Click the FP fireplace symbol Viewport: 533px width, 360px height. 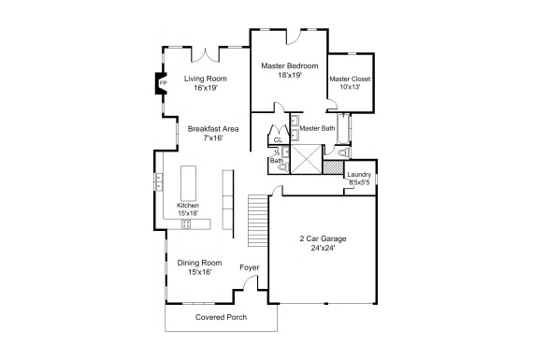[161, 83]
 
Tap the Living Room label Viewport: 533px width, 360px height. [206, 79]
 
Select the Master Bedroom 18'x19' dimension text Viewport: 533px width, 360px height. [290, 75]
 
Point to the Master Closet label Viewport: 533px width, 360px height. [350, 79]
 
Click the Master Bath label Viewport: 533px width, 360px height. [317, 128]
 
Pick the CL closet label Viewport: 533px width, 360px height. [278, 139]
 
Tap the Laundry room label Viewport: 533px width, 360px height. [359, 175]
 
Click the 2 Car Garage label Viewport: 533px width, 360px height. [323, 238]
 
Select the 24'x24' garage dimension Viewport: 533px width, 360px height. [323, 248]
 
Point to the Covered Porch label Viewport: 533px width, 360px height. [221, 317]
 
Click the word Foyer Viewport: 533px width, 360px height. [249, 267]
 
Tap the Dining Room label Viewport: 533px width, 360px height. [199, 263]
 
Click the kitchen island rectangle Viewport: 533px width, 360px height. [188, 183]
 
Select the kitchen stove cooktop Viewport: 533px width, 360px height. [186, 224]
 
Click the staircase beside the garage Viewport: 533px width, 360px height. [258, 221]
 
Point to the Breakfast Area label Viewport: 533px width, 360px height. [213, 129]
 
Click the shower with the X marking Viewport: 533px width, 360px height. [306, 160]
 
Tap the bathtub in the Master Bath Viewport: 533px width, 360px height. [344, 129]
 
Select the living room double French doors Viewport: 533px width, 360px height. [206, 55]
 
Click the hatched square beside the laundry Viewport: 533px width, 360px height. [333, 167]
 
